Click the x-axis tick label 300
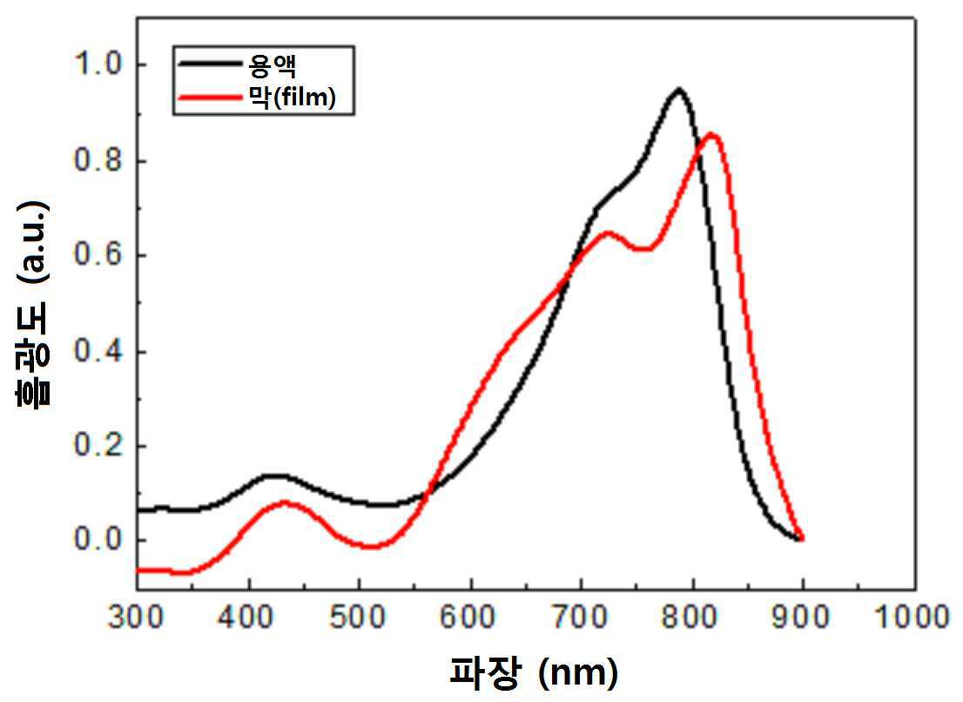click(136, 616)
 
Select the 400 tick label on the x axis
click(247, 616)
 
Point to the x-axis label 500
click(358, 616)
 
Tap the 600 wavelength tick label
click(469, 616)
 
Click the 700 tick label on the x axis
click(581, 616)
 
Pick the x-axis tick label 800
click(691, 616)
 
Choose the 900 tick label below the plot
click(802, 616)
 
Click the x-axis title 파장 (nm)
click(534, 672)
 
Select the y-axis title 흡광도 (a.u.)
click(32, 304)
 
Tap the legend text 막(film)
click(292, 97)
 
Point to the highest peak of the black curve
click(678, 91)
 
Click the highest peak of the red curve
click(711, 134)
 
